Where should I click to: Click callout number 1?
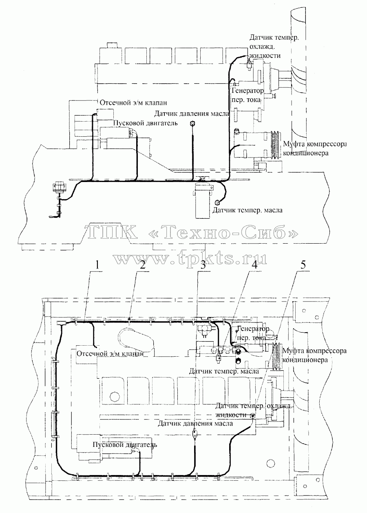coord(97,265)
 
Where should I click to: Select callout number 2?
coord(143,265)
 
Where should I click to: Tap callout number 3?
coord(203,265)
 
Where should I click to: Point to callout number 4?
coord(254,265)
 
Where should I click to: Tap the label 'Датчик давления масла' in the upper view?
coord(192,113)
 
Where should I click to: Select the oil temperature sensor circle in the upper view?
coord(217,202)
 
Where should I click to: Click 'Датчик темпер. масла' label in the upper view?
coord(248,210)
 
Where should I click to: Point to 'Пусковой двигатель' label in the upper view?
coord(146,123)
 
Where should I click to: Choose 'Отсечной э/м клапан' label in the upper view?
coord(133,102)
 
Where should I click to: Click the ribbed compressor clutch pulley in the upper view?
coord(276,145)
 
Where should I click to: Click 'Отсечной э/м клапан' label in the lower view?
coord(110,353)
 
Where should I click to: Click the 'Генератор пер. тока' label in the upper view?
coord(248,95)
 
